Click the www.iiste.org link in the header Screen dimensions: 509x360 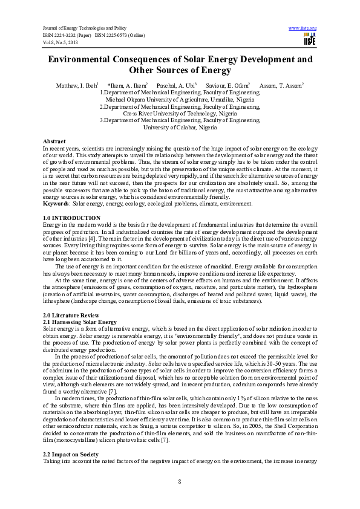click(303, 28)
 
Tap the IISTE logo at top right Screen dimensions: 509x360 click(309, 40)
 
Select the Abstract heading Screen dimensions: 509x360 click(54, 141)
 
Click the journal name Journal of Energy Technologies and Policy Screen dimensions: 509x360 click(83, 28)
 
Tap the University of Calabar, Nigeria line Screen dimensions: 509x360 click(180, 128)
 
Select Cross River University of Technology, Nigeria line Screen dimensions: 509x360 click(180, 113)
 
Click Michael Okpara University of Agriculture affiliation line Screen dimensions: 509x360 click(180, 99)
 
